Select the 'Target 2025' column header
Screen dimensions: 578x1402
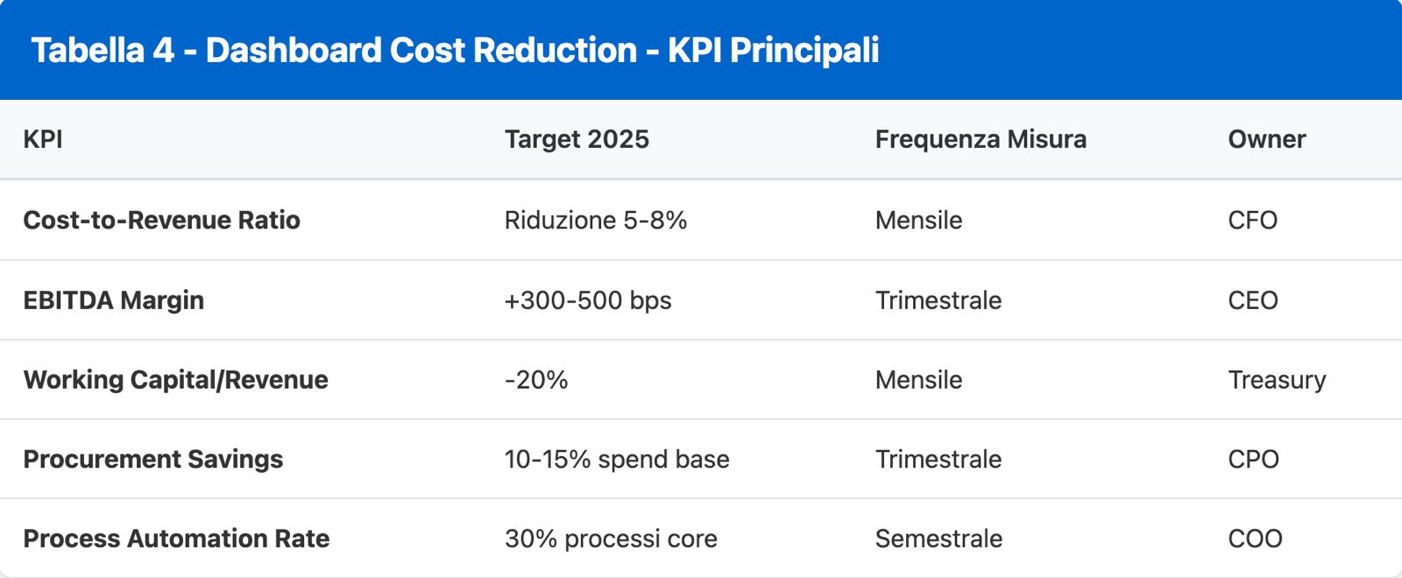(x=577, y=139)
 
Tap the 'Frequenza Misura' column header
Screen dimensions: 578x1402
(x=981, y=139)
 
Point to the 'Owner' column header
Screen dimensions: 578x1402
(x=1266, y=139)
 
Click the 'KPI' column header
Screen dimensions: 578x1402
(x=43, y=139)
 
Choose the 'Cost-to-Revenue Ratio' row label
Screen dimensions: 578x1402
(x=161, y=220)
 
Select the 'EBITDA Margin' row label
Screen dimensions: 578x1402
(x=113, y=300)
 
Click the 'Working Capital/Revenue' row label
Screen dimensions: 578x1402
(x=175, y=380)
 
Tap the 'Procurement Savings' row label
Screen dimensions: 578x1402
(x=152, y=460)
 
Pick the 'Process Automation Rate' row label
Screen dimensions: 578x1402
(x=176, y=539)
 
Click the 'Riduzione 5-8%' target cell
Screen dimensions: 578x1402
(x=595, y=220)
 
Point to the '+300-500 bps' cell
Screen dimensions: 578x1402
(x=587, y=300)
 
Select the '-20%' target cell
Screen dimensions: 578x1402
(x=535, y=380)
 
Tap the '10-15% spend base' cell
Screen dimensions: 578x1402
(x=616, y=460)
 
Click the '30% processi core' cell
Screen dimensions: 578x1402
(x=610, y=539)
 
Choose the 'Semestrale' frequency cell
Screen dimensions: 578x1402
(x=938, y=539)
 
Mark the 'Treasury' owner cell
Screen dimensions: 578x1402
(x=1277, y=380)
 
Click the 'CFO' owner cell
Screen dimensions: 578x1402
(x=1252, y=220)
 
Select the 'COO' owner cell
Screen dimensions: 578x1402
(x=1255, y=539)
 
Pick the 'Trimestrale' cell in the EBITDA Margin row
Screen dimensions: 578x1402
(x=938, y=300)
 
